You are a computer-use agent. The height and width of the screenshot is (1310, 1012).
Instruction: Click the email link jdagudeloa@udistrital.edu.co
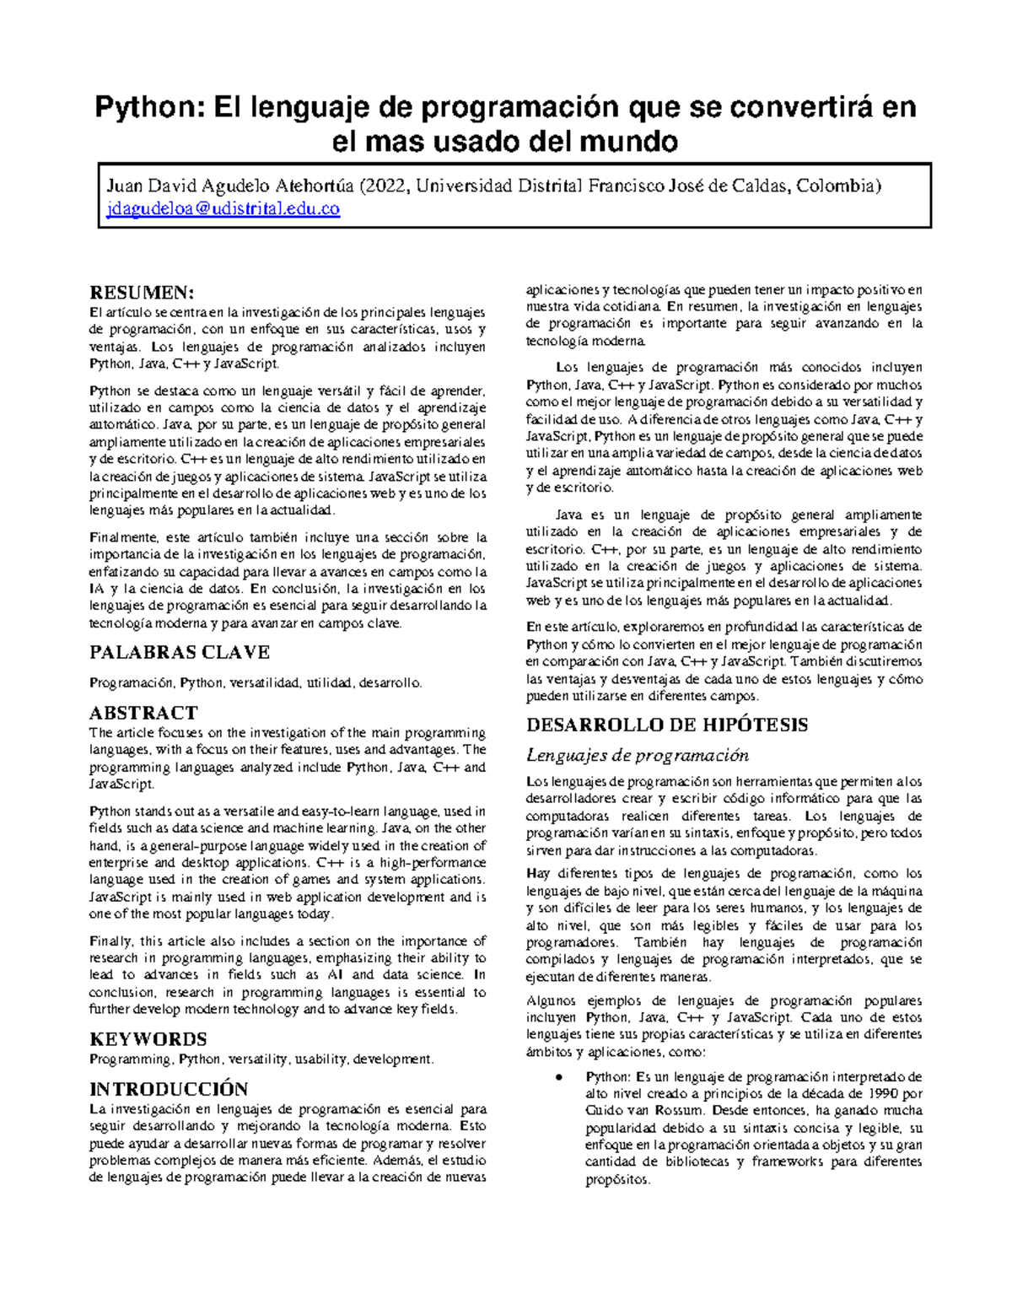coord(223,209)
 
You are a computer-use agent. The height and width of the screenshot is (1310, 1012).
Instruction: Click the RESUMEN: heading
coord(142,293)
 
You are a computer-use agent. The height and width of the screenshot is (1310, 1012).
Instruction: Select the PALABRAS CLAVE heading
coord(180,652)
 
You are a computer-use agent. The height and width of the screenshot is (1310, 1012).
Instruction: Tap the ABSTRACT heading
coord(143,712)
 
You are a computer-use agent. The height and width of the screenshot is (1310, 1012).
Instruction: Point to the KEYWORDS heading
coord(148,1038)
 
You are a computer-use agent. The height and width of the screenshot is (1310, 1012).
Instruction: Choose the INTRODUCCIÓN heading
coord(169,1088)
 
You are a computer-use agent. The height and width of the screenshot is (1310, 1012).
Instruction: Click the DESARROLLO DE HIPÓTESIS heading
coord(667,725)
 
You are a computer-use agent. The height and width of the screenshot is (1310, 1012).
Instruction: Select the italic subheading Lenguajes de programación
coord(637,755)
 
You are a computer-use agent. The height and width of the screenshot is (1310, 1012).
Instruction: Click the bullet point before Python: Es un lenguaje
coord(559,1077)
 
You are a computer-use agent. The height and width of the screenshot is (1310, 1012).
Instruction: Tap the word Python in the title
coord(148,107)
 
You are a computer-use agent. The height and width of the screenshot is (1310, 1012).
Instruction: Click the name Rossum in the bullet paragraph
coord(679,1111)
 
